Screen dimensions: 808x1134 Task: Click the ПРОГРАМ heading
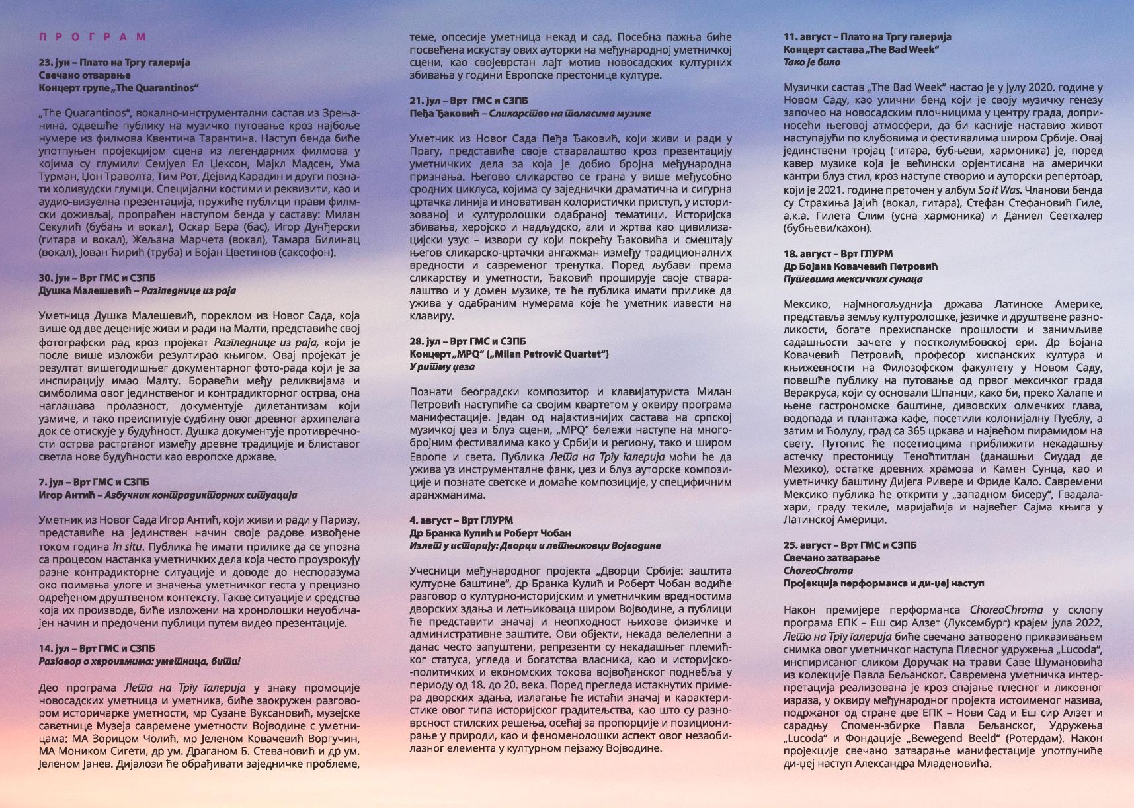93,37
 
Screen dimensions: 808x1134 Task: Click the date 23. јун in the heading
55,63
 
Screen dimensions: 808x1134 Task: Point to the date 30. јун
55,278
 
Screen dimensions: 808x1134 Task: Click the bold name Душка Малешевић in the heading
83,291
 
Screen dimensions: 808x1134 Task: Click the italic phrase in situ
126,547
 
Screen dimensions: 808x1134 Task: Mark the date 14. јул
55,649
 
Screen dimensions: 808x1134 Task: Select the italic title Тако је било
812,62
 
